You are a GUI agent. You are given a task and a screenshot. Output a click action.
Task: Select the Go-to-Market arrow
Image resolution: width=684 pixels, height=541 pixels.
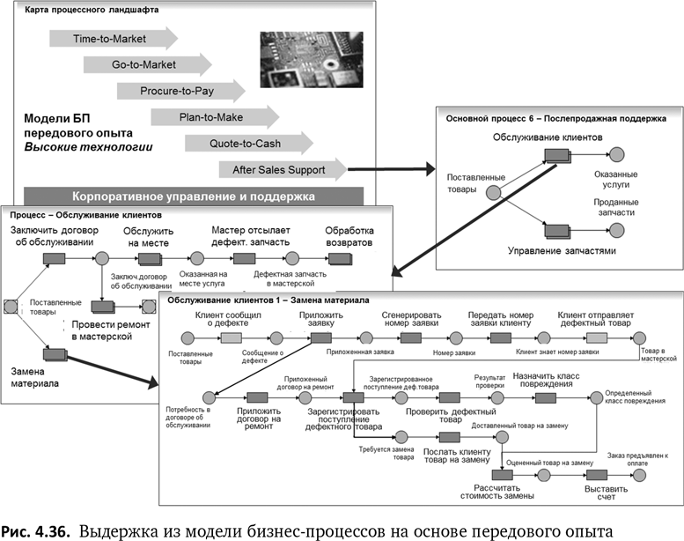pos(146,64)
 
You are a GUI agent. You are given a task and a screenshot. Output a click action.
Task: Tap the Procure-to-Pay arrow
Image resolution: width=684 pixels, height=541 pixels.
pos(180,91)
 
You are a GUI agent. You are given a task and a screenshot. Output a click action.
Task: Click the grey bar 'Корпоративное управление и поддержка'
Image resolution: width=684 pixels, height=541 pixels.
pos(194,196)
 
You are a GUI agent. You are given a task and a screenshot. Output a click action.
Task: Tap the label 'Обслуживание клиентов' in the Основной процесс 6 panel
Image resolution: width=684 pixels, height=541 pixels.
pos(547,137)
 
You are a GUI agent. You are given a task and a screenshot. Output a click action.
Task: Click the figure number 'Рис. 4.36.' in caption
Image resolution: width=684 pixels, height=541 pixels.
pos(37,530)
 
